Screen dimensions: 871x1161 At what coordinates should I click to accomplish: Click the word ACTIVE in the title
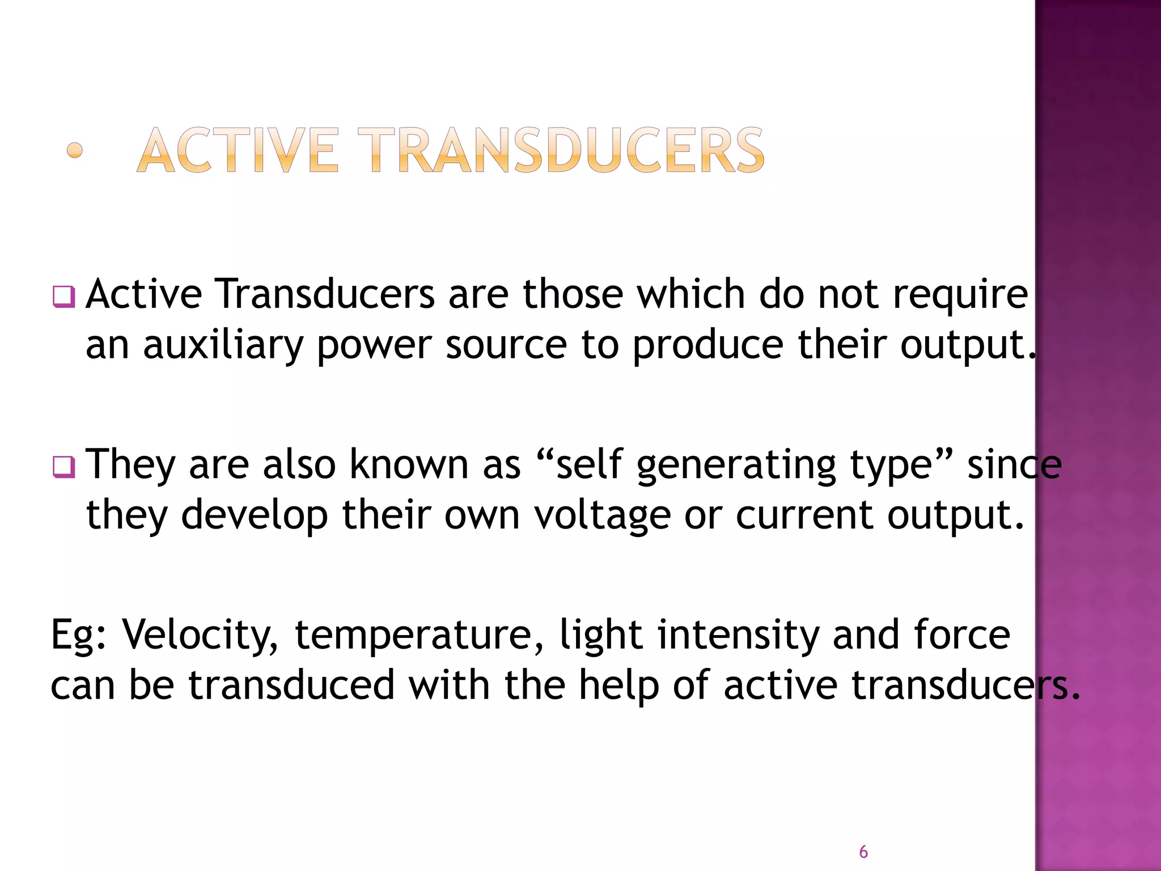[238, 150]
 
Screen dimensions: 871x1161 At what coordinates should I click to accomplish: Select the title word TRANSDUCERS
[561, 150]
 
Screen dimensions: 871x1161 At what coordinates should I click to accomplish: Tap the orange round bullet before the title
[75, 150]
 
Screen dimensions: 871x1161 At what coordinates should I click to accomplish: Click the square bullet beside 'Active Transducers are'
[63, 297]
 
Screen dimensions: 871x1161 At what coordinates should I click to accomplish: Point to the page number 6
[863, 852]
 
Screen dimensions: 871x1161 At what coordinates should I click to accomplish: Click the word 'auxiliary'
[223, 345]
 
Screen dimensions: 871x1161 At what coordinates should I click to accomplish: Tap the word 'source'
[506, 345]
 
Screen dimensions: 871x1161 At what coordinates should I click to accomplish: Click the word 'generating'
[736, 466]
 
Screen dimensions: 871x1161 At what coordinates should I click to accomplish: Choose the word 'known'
[409, 464]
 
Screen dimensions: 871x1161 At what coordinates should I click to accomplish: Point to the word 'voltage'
[602, 515]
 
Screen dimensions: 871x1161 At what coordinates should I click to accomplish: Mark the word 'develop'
[255, 515]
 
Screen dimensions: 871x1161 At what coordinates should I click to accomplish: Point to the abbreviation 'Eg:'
[79, 635]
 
